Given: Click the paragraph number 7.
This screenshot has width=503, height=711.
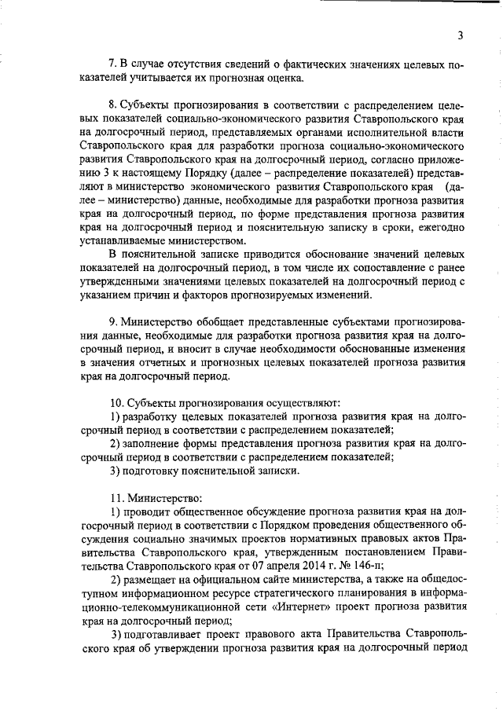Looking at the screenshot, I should (112, 63).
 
